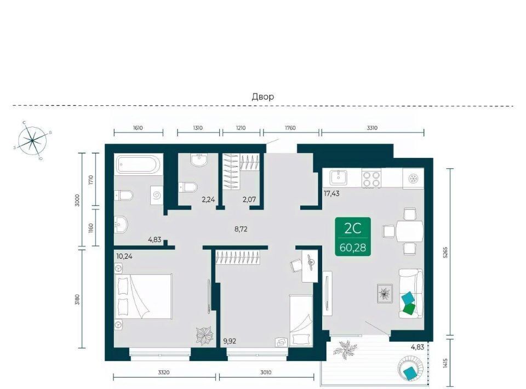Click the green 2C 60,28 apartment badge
(x=352, y=237)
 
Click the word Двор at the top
(x=263, y=97)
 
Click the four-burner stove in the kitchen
(x=371, y=179)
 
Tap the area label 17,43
(x=331, y=193)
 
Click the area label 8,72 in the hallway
(x=241, y=230)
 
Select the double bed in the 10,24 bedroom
(x=144, y=296)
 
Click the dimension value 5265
(x=445, y=252)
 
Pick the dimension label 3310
(x=372, y=128)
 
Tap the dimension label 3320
(x=164, y=372)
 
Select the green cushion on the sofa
(x=409, y=308)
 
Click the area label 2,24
(x=208, y=200)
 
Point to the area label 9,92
(x=230, y=341)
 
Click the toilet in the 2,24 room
(x=188, y=187)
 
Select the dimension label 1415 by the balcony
(x=445, y=363)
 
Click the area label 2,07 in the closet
(x=249, y=199)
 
